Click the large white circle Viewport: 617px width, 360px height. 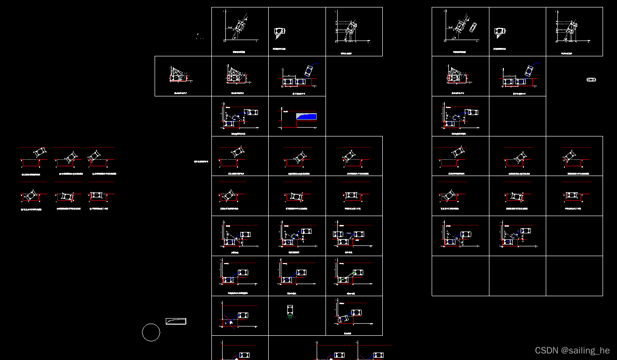point(151,333)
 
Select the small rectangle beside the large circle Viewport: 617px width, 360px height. point(176,321)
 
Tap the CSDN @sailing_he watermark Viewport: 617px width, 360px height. point(572,351)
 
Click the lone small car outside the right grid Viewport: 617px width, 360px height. point(591,80)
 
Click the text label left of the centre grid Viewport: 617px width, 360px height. point(202,162)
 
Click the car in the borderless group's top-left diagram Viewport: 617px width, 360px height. point(40,152)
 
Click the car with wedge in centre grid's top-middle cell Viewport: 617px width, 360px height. point(279,31)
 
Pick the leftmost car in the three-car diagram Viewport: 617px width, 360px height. point(338,234)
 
